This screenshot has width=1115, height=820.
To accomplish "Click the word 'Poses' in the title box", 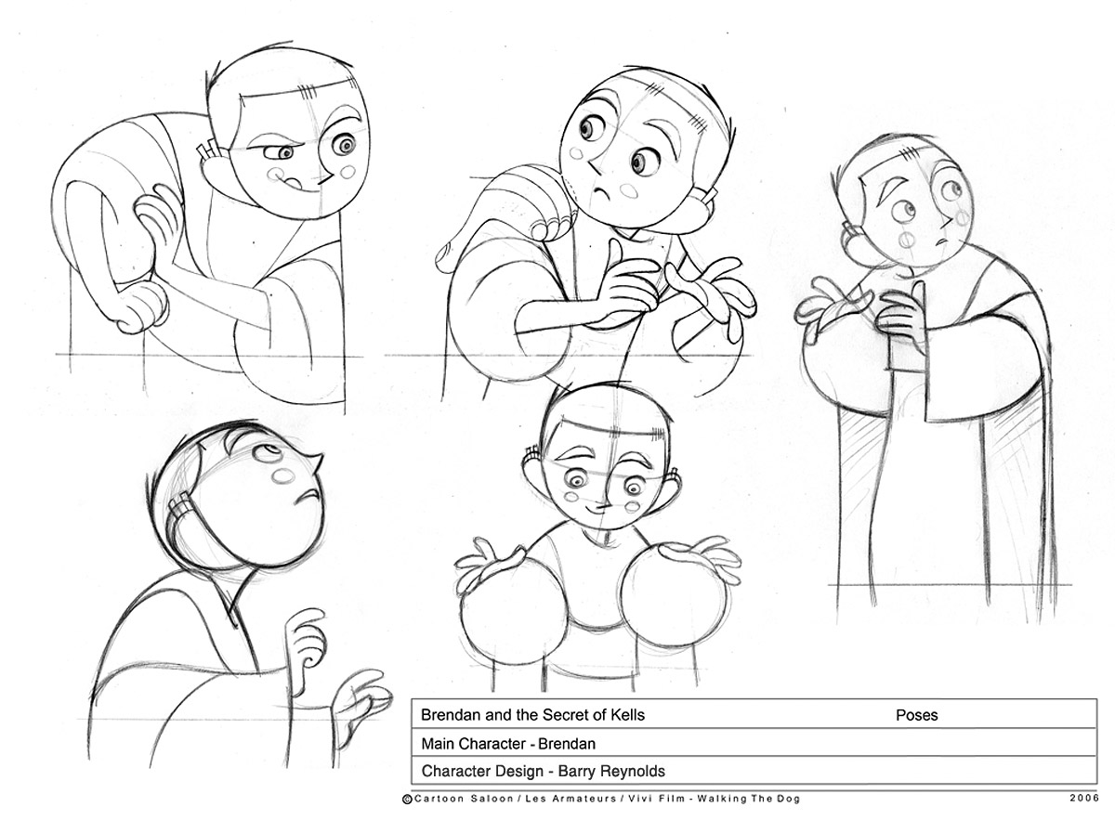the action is (x=916, y=715).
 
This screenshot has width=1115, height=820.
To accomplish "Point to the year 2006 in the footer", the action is (x=1084, y=798).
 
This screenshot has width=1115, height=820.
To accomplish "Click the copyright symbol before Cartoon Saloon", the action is (x=407, y=799).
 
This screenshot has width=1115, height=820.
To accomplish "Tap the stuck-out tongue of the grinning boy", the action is (x=295, y=184).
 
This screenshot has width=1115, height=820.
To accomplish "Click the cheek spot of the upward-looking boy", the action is (x=284, y=475).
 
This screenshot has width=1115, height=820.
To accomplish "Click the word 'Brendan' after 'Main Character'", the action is (x=567, y=743).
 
